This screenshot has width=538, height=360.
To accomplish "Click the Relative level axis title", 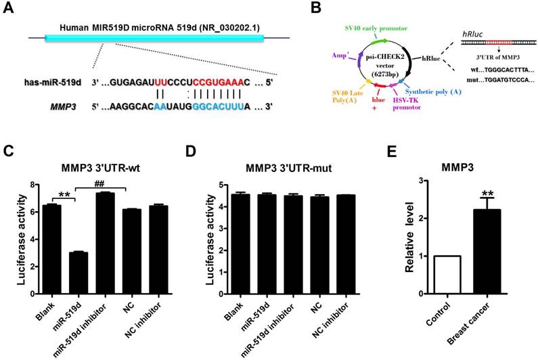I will (409, 238).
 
